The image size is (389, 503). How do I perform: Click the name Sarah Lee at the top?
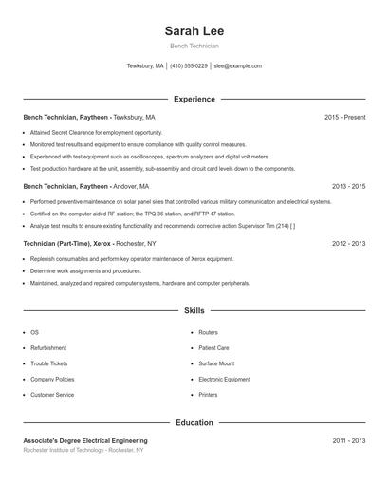[194, 31]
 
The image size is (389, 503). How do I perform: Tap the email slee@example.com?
[237, 66]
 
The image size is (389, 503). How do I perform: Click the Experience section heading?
[194, 99]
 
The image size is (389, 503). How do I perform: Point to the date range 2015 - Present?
[344, 117]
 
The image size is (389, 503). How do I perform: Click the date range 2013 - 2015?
[348, 186]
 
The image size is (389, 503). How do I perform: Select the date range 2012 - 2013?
[348, 243]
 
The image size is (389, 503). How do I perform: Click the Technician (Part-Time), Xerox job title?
[67, 243]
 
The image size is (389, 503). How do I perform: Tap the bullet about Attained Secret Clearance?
[83, 133]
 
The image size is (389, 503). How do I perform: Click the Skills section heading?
[194, 310]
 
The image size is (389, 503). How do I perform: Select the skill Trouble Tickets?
[49, 363]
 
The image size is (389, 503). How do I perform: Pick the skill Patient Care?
[213, 348]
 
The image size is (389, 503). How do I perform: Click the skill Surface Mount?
[216, 363]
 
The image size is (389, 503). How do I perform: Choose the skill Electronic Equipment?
[224, 379]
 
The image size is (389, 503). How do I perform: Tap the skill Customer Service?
[52, 394]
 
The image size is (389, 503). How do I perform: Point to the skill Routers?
[209, 333]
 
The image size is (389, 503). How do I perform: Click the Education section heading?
[194, 422]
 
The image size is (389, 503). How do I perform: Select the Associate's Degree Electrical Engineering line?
[85, 440]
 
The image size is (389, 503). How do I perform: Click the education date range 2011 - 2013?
[348, 440]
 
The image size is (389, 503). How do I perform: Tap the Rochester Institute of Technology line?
[83, 450]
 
